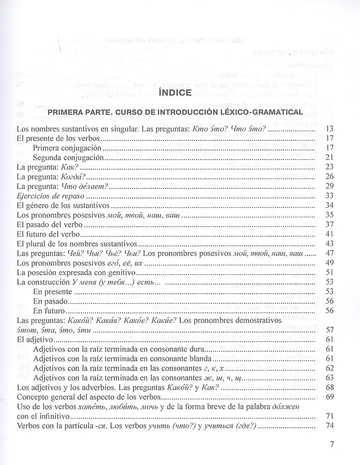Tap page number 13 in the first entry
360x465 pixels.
(x=329, y=129)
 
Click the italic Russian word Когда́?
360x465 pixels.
(x=74, y=176)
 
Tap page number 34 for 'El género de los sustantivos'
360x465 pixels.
(x=329, y=205)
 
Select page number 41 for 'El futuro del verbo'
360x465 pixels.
(x=329, y=234)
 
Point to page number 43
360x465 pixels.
(x=329, y=243)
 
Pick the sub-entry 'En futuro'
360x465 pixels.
(x=49, y=311)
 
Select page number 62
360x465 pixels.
(x=329, y=368)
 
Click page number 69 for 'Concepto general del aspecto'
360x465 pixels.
(x=329, y=397)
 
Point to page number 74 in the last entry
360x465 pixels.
(x=329, y=426)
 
